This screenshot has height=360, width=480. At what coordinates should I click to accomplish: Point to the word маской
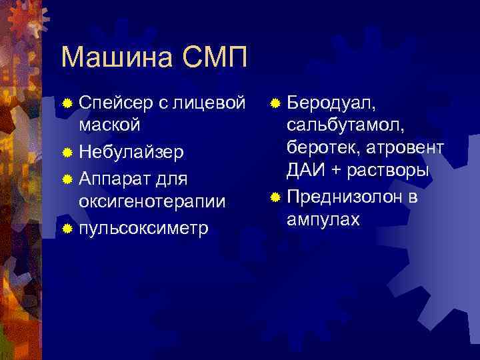coord(109,125)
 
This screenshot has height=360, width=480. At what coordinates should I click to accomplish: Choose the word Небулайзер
coord(131,153)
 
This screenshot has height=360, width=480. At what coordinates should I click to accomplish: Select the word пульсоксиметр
coord(143,229)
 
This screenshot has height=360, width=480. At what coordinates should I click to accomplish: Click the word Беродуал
coord(331,103)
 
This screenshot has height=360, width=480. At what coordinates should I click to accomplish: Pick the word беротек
coord(321,148)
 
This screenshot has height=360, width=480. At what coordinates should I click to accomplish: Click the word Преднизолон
coord(343,198)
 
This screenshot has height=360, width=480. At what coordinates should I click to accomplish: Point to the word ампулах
coord(323,219)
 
